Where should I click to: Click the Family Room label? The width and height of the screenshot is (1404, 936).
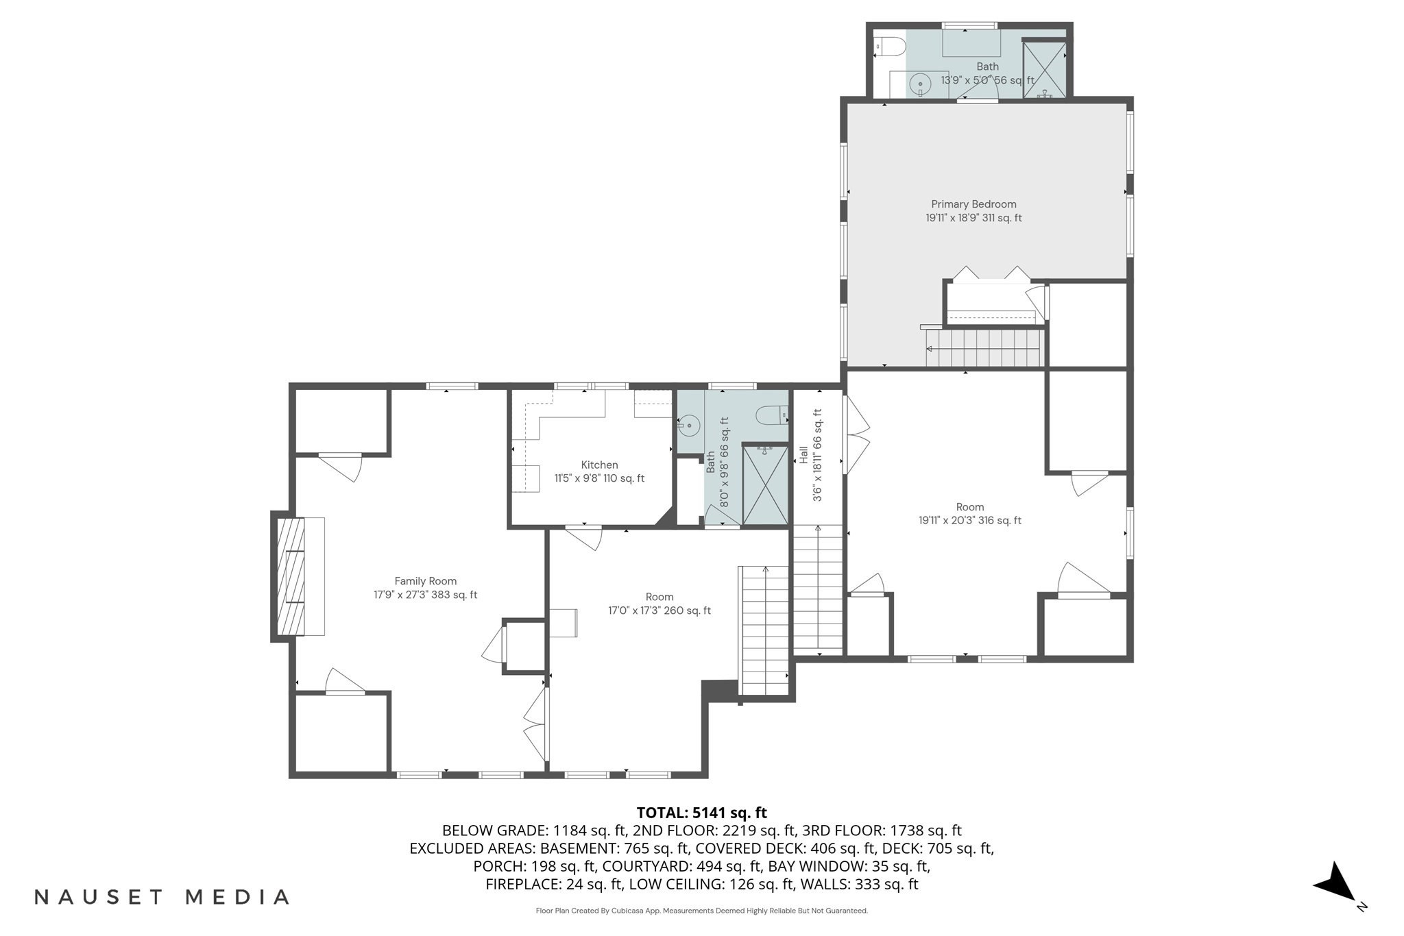[x=425, y=581]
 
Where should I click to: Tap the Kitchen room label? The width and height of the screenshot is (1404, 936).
[x=599, y=465]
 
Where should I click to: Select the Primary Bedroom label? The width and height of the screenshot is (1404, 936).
[x=973, y=204]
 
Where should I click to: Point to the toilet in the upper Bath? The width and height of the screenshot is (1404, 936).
[x=890, y=47]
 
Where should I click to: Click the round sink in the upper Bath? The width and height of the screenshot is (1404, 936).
[x=919, y=85]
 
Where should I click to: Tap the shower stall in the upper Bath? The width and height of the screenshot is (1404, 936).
[x=1044, y=69]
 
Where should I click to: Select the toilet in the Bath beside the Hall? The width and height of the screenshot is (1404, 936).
[x=771, y=415]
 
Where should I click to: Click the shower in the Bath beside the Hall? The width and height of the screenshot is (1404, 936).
[x=765, y=485]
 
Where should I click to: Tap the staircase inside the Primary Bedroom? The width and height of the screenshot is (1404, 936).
[x=984, y=348]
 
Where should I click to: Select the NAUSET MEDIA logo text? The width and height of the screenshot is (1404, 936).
[x=162, y=897]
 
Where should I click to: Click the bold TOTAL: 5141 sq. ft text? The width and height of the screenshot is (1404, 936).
[x=701, y=813]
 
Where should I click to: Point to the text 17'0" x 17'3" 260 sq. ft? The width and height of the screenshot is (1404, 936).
[x=659, y=611]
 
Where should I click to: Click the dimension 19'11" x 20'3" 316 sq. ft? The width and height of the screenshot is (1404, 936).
[x=969, y=521]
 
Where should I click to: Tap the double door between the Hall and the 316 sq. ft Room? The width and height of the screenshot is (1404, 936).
[x=856, y=435]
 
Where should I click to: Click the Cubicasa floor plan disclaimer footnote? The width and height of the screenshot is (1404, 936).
[x=701, y=911]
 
